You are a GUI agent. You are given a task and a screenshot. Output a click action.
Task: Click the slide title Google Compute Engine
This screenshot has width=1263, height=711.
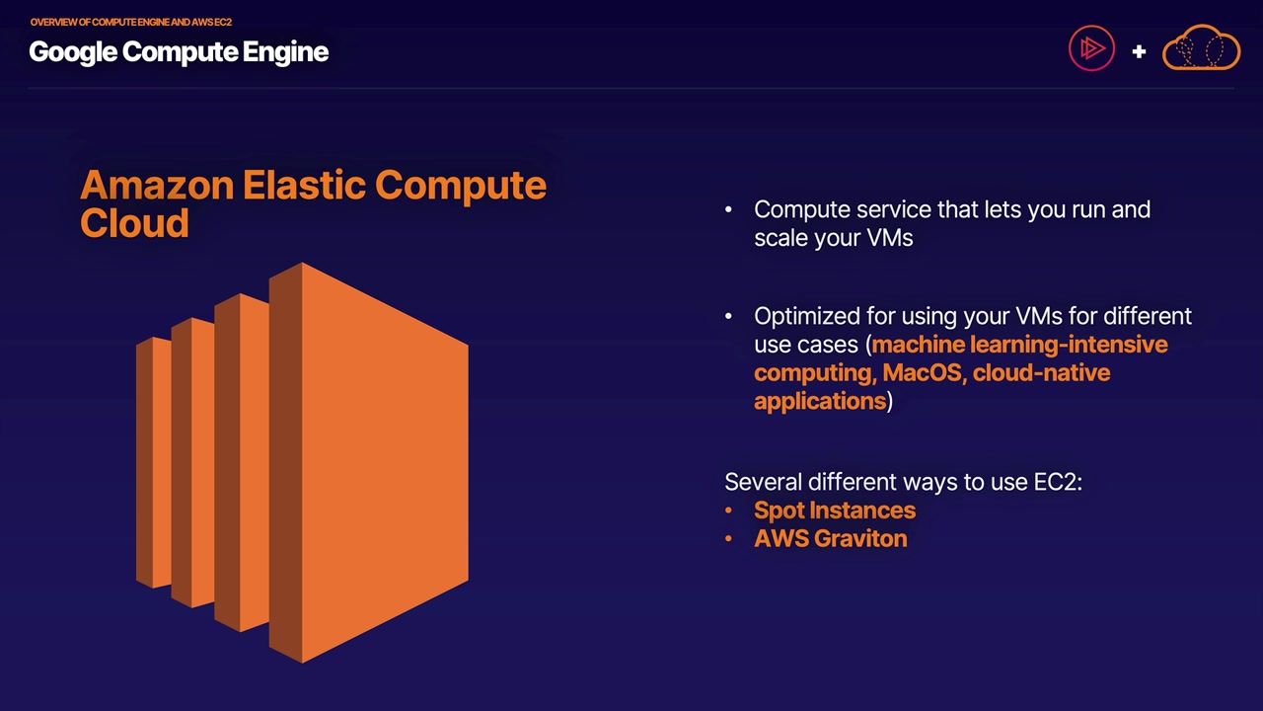click(179, 52)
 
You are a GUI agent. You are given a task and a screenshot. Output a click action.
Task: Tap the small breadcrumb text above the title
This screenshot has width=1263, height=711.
click(130, 22)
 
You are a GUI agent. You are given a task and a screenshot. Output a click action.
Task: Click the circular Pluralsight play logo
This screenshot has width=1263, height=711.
click(1091, 49)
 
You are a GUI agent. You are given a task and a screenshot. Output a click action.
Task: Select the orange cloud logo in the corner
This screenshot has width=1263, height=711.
click(1201, 49)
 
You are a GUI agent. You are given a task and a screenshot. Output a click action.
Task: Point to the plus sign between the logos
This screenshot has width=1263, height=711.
click(1139, 51)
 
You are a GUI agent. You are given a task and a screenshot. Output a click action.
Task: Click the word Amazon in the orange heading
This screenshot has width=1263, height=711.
click(157, 186)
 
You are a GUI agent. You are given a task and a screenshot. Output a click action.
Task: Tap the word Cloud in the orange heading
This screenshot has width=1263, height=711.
click(134, 224)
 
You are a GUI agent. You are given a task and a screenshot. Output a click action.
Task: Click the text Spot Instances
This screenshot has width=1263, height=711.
click(834, 511)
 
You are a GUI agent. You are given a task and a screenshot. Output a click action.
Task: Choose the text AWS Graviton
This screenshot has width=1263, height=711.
click(830, 539)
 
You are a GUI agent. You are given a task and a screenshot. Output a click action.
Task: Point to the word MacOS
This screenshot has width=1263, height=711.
click(922, 373)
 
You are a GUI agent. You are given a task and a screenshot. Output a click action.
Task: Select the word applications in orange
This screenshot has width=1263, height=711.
click(819, 401)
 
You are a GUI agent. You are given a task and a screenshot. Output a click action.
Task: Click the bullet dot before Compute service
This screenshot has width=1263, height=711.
click(728, 209)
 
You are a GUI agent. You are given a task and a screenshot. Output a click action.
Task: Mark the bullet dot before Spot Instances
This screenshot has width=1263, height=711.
click(728, 511)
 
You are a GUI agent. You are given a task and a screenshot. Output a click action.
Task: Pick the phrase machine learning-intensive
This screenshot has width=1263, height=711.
click(1019, 345)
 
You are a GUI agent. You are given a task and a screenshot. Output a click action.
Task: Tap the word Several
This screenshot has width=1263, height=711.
click(763, 482)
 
